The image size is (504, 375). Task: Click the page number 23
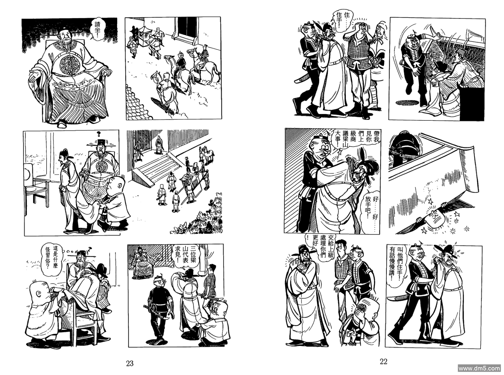[130, 363]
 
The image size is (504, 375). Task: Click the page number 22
[384, 361]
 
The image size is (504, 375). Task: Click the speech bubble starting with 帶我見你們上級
[356, 141]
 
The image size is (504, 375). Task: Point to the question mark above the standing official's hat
[99, 133]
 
